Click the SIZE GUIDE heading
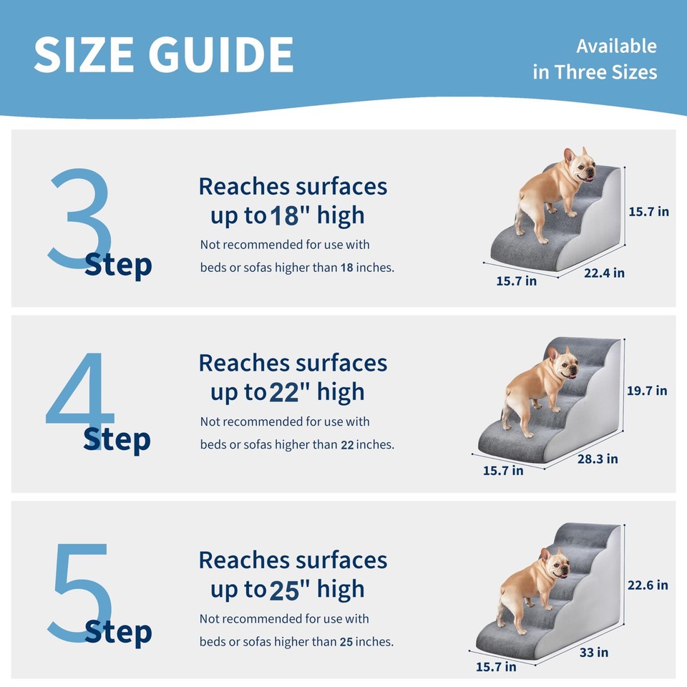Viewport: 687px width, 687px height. pos(163,55)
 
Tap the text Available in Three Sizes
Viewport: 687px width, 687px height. pos(595,59)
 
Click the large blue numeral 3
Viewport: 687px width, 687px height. pos(79,218)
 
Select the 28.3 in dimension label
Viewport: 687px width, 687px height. pos(598,459)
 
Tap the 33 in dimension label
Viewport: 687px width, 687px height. pos(593,652)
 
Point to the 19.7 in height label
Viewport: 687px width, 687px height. pos(647,390)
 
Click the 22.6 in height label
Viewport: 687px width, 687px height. pos(648,585)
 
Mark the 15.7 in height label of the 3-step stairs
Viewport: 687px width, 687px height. pos(648,211)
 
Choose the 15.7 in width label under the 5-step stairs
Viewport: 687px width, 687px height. pos(496,666)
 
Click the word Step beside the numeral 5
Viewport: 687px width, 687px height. pos(118,632)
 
